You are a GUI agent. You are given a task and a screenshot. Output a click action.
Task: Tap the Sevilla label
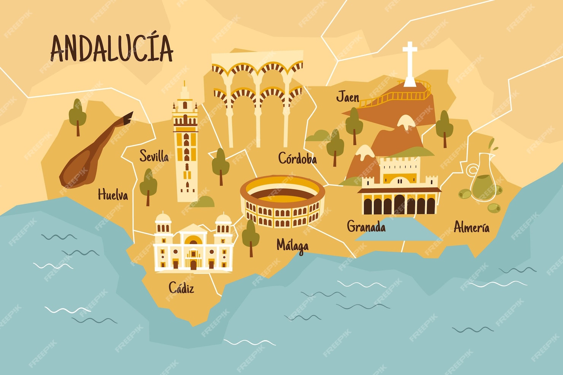coord(154,156)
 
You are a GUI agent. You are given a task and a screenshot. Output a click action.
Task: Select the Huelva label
coord(113,195)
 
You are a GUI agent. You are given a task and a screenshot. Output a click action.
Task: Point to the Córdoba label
coord(297,158)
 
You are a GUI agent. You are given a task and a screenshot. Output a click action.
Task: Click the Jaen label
coord(347,97)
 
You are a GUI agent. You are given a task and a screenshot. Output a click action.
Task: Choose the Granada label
coord(366,227)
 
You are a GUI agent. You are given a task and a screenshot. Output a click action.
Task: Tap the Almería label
coord(471,227)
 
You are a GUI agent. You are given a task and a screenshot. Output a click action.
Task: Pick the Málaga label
coord(292,246)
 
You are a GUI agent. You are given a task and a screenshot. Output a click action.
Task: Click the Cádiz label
coord(181,288)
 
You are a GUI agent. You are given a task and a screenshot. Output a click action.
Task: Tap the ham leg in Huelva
coord(93,152)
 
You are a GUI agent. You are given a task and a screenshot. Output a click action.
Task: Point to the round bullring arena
coord(282,202)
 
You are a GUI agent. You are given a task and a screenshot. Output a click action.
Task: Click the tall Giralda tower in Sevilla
coord(186,145)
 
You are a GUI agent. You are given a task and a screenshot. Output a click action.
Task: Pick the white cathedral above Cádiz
coord(193,243)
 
